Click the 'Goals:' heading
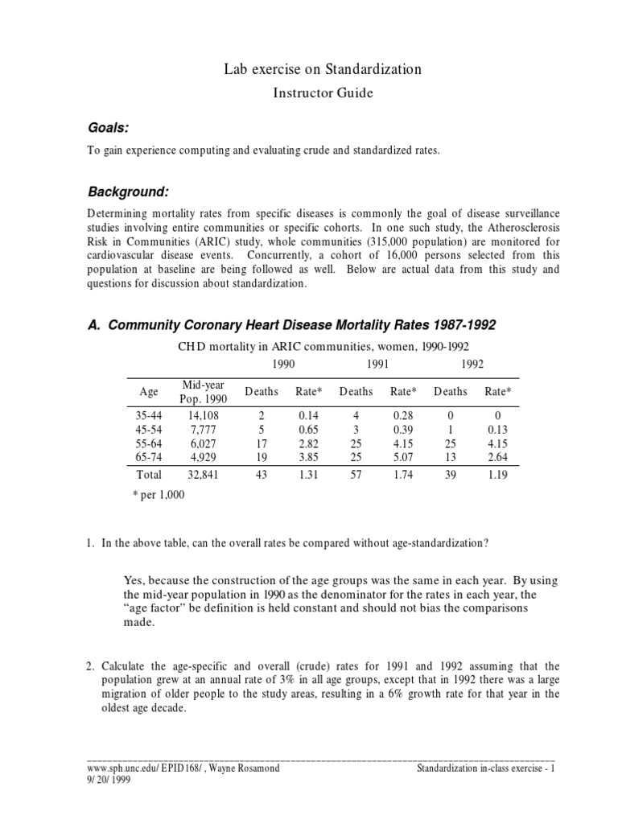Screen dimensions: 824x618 click(108, 130)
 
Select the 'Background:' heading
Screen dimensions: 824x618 click(128, 192)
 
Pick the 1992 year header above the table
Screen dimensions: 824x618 click(472, 364)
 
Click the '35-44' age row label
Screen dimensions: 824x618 click(149, 416)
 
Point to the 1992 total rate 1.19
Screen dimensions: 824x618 click(496, 475)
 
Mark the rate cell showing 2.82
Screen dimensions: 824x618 click(309, 443)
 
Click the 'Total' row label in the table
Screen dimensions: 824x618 click(150, 475)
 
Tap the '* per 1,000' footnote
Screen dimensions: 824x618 click(159, 495)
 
